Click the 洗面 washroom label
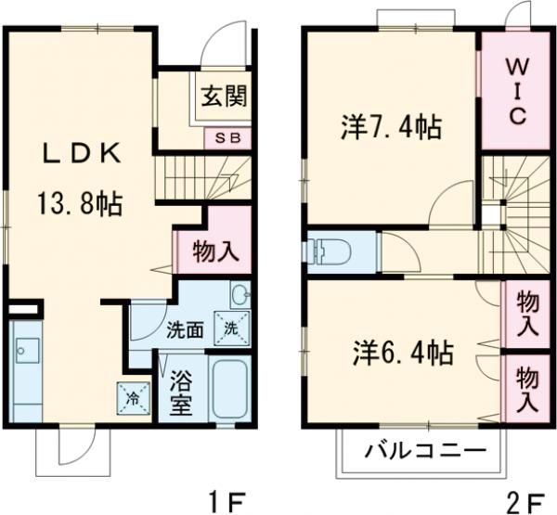pos(185,328)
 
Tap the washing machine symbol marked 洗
pos(230,327)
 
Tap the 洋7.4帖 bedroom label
pos(390,128)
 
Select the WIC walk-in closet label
pos(517,93)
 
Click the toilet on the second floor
pos(332,250)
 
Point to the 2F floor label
pos(525,501)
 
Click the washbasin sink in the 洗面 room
pos(240,296)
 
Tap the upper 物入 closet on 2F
pos(525,313)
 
